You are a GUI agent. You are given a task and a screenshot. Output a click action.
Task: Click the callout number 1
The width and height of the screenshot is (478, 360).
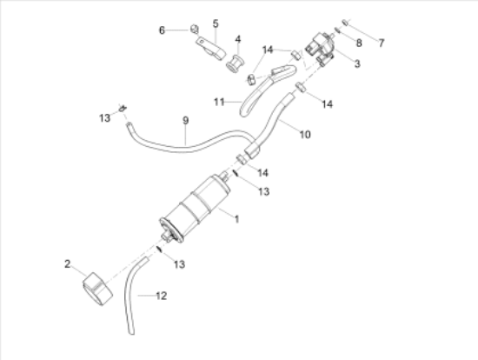click(x=236, y=219)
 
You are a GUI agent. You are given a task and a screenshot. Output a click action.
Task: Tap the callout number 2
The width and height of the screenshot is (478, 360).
click(x=68, y=263)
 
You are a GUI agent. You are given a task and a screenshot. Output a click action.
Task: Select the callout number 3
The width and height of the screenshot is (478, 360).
click(x=357, y=63)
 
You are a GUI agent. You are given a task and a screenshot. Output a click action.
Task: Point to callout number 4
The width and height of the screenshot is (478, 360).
click(x=238, y=39)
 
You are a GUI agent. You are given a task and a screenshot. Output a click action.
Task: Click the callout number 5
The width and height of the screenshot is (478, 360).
click(x=216, y=23)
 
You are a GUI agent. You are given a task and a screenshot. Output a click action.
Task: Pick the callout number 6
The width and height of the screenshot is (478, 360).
click(x=162, y=30)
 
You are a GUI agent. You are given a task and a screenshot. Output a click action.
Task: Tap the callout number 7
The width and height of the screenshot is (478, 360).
click(x=381, y=43)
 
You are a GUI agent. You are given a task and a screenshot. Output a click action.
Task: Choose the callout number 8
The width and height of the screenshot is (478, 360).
click(x=359, y=43)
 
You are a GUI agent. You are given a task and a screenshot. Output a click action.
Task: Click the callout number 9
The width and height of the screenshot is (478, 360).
click(x=186, y=121)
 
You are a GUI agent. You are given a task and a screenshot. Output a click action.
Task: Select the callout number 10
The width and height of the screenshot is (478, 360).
click(x=305, y=134)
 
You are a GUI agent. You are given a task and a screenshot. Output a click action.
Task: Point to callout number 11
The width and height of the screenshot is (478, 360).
click(x=219, y=102)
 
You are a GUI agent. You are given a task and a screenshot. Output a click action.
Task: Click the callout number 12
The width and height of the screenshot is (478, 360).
click(x=162, y=296)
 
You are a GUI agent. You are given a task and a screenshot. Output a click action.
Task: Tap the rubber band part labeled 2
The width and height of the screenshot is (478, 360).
click(x=98, y=290)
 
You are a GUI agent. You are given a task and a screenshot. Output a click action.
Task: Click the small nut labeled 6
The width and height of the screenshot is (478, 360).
click(x=195, y=30)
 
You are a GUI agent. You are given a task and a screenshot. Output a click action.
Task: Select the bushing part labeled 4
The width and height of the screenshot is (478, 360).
click(x=234, y=63)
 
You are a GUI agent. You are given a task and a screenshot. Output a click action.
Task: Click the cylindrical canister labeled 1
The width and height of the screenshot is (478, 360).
click(x=194, y=210)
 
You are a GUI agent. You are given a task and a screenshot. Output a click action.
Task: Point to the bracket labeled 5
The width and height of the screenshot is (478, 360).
click(x=211, y=49)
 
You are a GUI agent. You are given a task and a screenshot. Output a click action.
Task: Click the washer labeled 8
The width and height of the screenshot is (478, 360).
click(x=337, y=30)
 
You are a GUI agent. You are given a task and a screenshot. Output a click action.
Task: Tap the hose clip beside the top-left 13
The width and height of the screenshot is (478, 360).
click(x=123, y=108)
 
